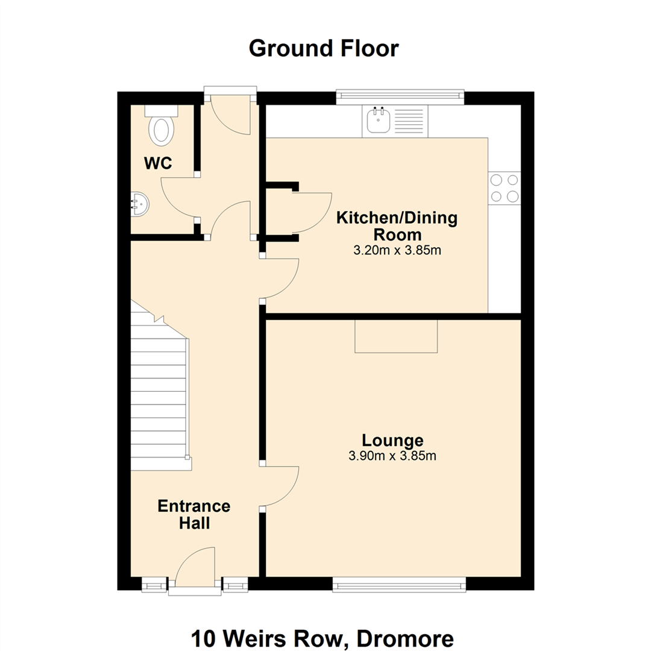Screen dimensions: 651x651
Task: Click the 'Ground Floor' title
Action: (x=324, y=49)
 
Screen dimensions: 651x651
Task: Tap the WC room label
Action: (x=158, y=163)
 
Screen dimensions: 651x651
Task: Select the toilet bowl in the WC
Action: (x=161, y=130)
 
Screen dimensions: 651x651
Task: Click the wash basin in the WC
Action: (x=140, y=205)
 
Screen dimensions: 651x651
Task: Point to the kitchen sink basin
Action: (x=378, y=119)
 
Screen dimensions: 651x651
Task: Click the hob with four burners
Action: (x=505, y=188)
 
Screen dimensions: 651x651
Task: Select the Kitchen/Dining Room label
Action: (x=397, y=226)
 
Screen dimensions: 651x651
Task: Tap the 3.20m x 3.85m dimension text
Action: (x=397, y=251)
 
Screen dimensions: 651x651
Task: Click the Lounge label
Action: (x=392, y=440)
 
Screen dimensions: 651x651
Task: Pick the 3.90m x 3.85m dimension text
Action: (x=392, y=456)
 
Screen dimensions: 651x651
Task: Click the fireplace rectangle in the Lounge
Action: (x=396, y=336)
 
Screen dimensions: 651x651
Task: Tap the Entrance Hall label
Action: (x=194, y=514)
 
